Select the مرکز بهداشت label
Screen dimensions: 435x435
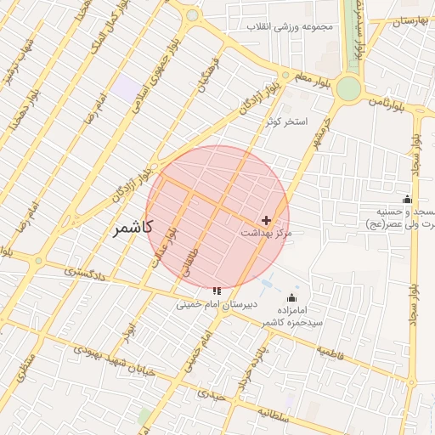pos(266,233)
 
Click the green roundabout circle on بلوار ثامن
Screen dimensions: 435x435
pos(348,88)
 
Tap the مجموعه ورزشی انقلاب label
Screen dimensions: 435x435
pos(291,26)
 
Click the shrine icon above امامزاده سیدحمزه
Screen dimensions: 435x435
pos(292,297)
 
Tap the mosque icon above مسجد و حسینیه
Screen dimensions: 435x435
pos(406,199)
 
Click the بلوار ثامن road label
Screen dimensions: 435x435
pos(387,100)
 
